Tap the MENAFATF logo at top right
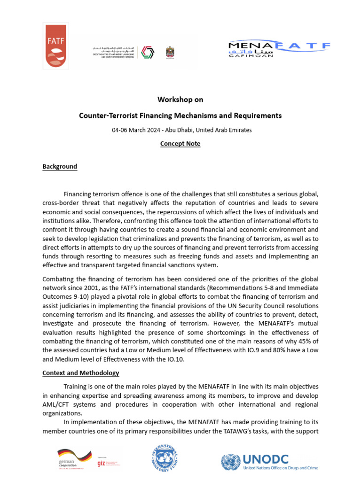[279, 48]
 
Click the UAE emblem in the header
[170, 52]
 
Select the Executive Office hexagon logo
[147, 52]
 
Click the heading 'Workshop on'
[180, 100]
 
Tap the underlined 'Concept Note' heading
[180, 144]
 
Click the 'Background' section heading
[60, 167]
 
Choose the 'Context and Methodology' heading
[81, 373]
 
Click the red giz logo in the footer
[101, 463]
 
